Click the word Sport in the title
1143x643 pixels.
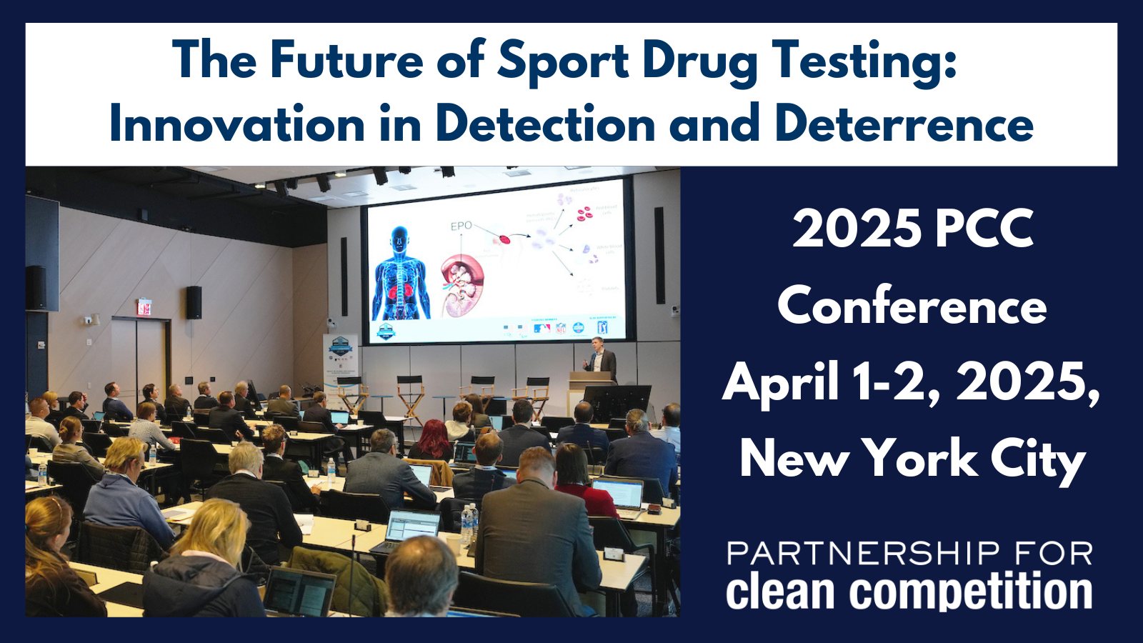pos(562,60)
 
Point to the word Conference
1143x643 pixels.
pos(912,306)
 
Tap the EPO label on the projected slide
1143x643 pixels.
pos(461,226)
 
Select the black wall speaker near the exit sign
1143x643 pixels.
pos(194,302)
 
